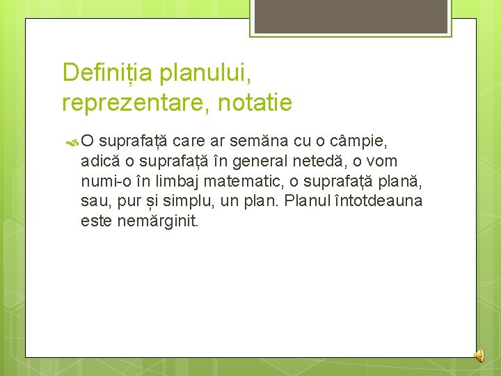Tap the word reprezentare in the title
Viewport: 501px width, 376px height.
(x=131, y=104)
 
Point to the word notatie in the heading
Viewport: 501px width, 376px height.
(x=255, y=104)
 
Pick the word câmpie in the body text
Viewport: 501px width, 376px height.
(x=362, y=141)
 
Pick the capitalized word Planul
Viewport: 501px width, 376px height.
(x=310, y=202)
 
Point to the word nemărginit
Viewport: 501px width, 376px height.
(x=155, y=222)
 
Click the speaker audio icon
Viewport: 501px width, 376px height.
(x=479, y=356)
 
